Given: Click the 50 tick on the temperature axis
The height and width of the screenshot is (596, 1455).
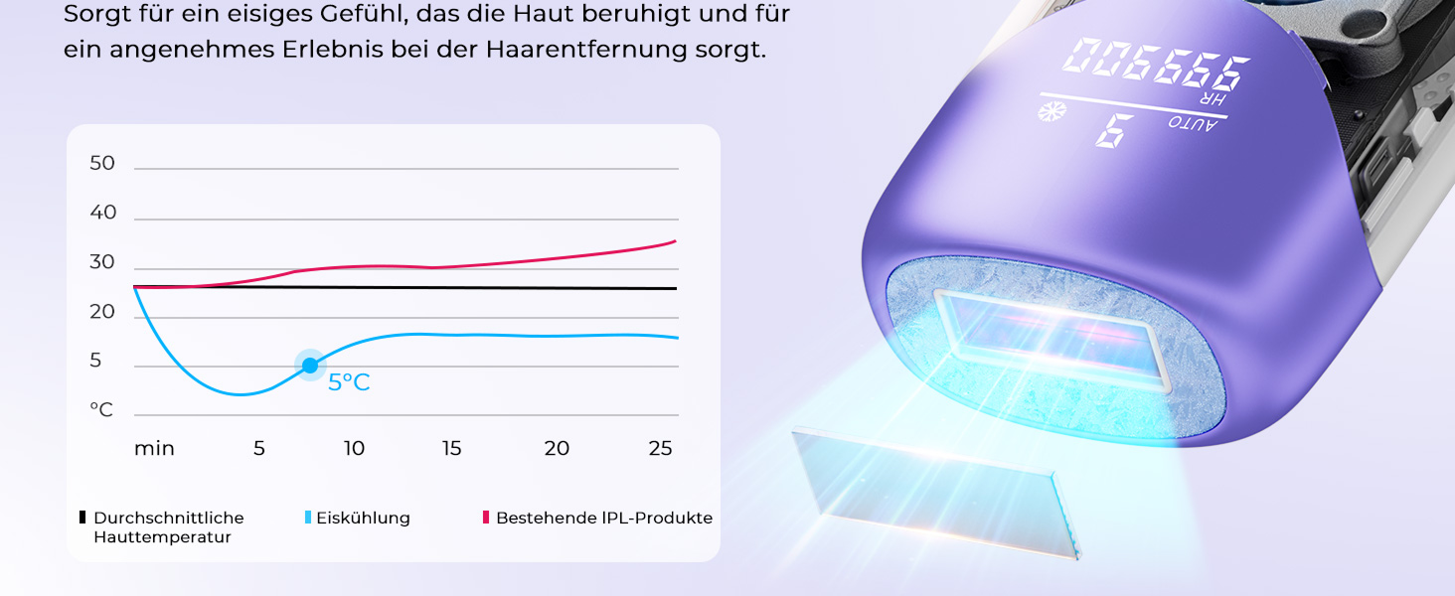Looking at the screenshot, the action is [x=102, y=163].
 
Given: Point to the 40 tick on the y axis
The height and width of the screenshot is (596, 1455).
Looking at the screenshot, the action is [x=102, y=213].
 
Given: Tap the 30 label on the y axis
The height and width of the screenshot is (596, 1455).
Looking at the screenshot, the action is [x=102, y=262].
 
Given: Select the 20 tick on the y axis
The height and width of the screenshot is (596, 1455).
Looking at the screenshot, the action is [x=102, y=312].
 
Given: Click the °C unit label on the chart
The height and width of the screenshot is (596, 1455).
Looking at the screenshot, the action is [x=101, y=409].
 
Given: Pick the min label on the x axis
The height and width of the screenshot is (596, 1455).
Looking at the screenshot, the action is [x=154, y=449].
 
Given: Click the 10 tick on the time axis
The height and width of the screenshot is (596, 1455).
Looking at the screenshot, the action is [x=354, y=449].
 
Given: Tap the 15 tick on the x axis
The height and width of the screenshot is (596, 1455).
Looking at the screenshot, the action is [x=451, y=449].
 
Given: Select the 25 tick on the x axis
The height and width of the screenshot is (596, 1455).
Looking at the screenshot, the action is [x=660, y=449].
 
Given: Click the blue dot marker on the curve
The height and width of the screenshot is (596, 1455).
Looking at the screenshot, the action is [x=310, y=366].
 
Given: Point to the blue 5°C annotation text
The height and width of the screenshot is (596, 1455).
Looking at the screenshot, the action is [x=349, y=382].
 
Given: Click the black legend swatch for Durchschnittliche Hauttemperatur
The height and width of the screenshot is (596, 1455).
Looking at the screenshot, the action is [x=82, y=517].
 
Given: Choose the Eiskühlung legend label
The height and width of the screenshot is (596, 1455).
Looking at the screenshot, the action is [x=363, y=519].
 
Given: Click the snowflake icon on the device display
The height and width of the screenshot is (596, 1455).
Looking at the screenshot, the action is [x=1051, y=111].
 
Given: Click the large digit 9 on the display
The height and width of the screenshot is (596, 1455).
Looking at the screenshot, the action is [x=1114, y=130].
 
